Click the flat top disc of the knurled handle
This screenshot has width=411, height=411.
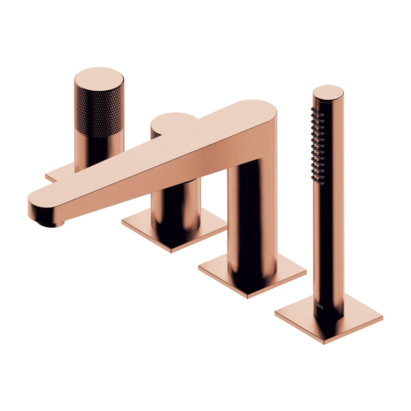[99, 79]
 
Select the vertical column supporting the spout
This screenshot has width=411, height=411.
[251, 219]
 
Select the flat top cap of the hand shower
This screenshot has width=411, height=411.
[328, 92]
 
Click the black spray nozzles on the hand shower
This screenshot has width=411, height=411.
[318, 145]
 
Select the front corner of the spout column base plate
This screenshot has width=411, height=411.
[248, 297]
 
